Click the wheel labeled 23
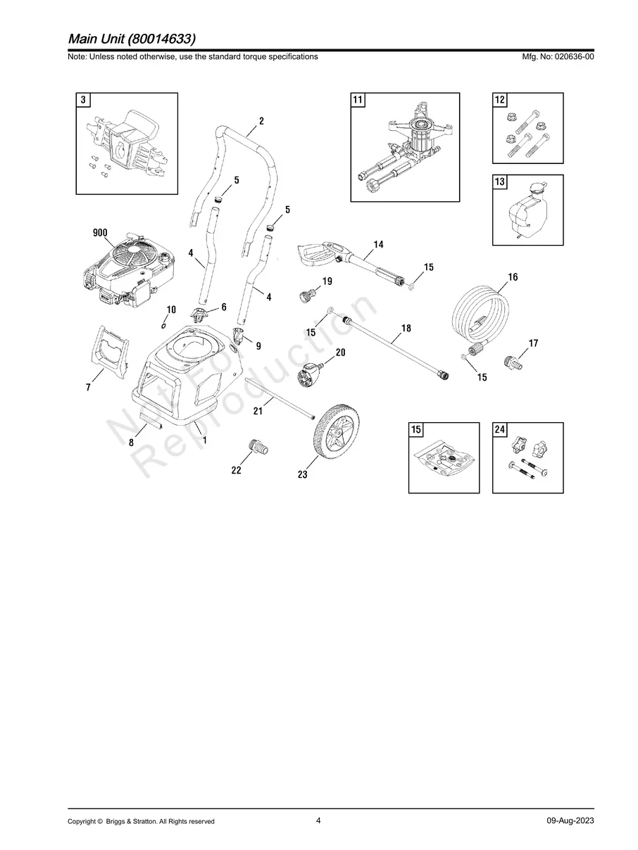tap(336, 439)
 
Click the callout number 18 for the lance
tap(406, 329)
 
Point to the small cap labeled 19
tap(308, 296)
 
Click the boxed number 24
tap(500, 430)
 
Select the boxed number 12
tap(500, 100)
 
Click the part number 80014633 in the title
tap(165, 37)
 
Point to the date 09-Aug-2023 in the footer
tap(570, 821)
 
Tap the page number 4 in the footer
tap(318, 820)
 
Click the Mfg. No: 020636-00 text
tap(556, 56)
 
